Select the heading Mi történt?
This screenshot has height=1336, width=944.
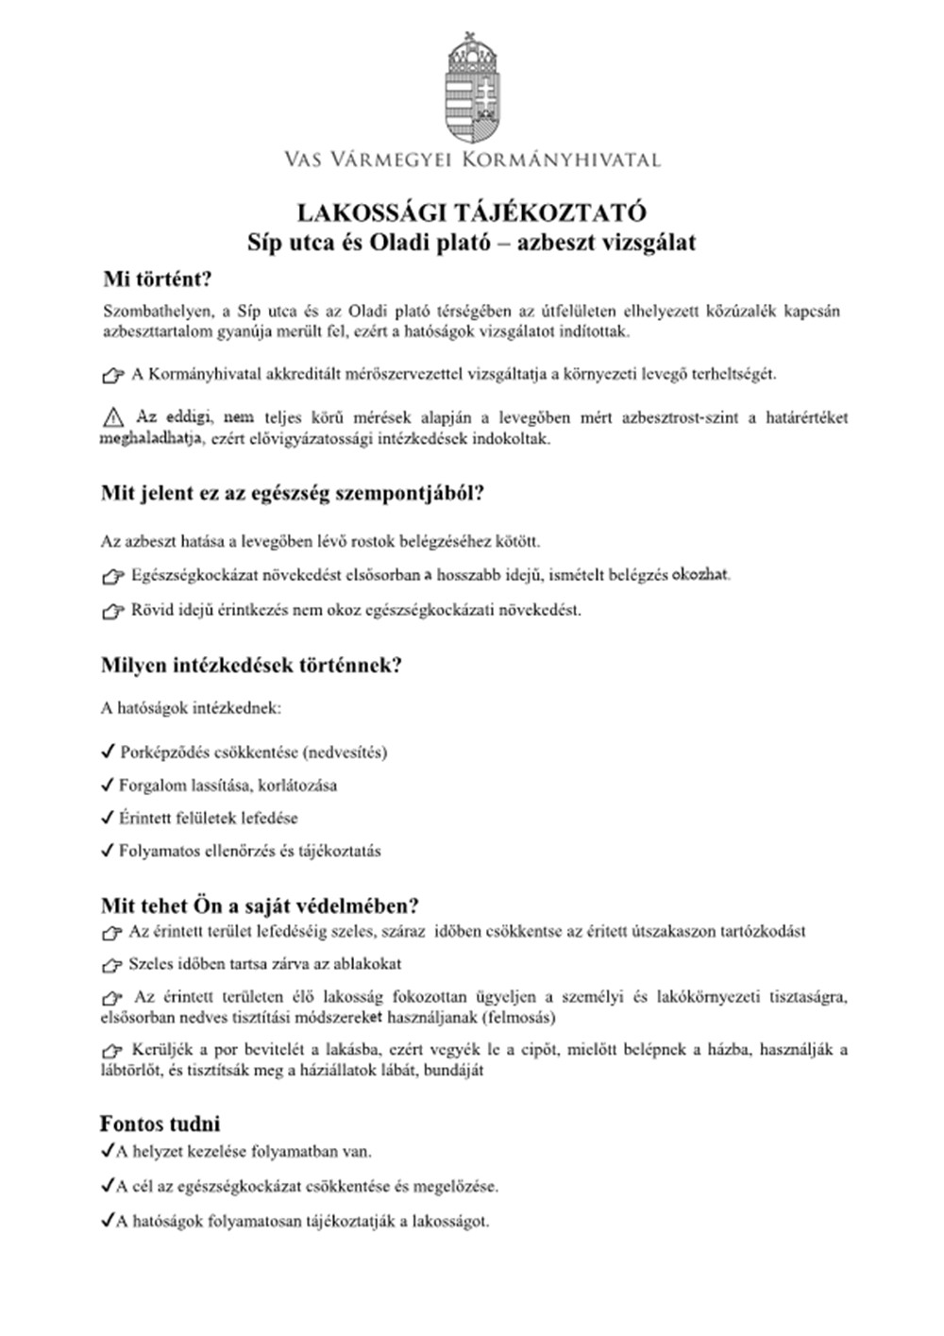[x=158, y=280]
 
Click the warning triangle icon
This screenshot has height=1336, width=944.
[x=113, y=416]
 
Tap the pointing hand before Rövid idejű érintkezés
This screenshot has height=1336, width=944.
[x=112, y=611]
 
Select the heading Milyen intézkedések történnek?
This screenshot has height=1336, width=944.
[x=251, y=665]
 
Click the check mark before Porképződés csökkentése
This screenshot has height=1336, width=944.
[x=108, y=753]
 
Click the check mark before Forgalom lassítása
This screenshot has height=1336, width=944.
[x=108, y=785]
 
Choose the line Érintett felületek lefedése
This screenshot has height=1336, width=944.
[x=208, y=818]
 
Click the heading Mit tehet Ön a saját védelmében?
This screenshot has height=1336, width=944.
[x=260, y=905]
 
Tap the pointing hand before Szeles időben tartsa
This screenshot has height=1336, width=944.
[x=112, y=965]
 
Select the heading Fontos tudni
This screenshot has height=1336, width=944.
[x=160, y=1124]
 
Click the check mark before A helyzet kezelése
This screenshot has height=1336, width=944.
[x=107, y=1151]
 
